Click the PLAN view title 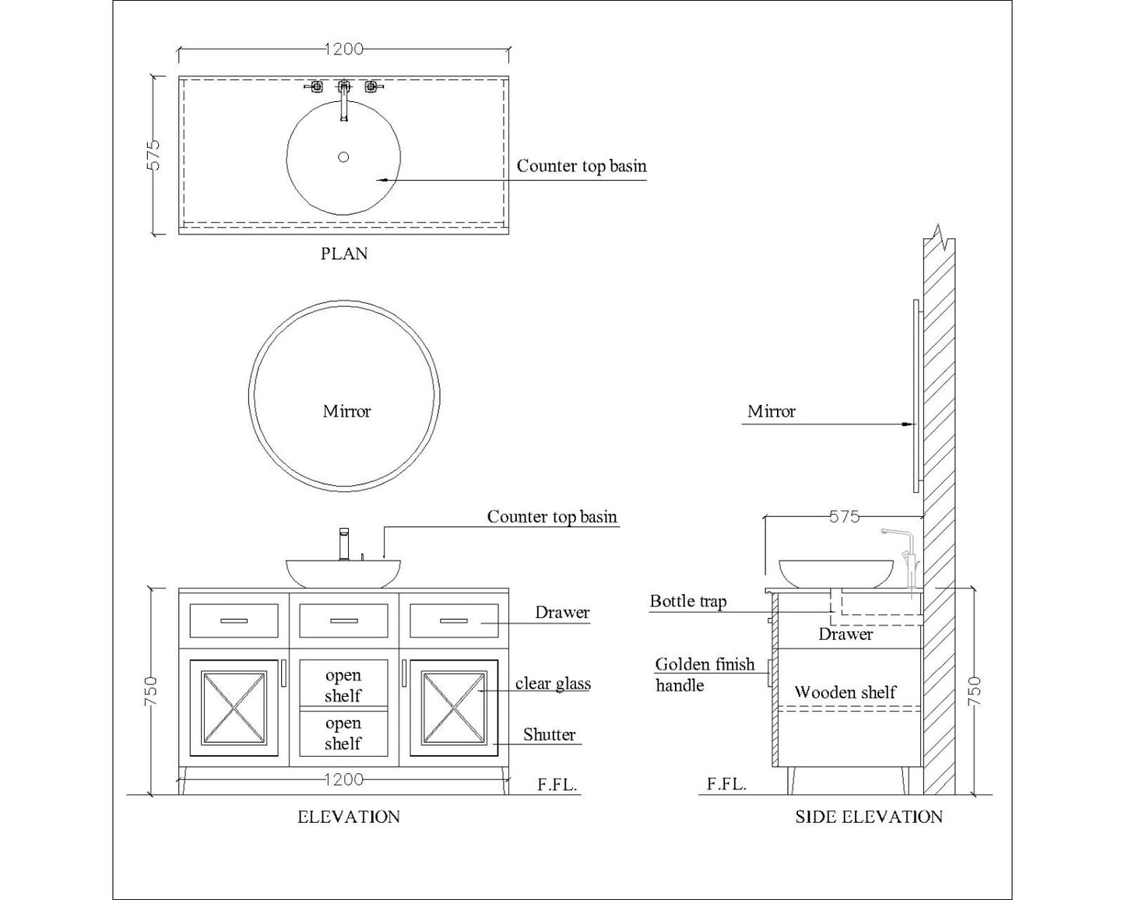coord(343,254)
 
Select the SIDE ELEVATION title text coord(868,817)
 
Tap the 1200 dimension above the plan coord(343,49)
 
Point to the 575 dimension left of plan coord(154,155)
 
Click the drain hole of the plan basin coord(343,157)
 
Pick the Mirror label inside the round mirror coord(346,411)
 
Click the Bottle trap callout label coord(687,601)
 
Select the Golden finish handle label coord(704,674)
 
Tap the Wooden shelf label coord(845,692)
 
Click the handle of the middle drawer coord(343,621)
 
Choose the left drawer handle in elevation coord(234,621)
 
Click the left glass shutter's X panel coord(234,708)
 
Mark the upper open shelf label coord(343,685)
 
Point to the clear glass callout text coord(553,684)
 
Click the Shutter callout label coord(549,734)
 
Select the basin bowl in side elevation coord(813,574)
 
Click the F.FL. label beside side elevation coord(726,784)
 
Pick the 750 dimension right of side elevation coord(974,691)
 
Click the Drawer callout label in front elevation coord(561,612)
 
